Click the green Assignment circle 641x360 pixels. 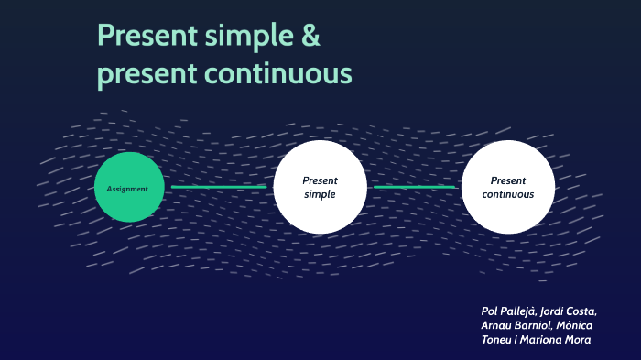click(129, 187)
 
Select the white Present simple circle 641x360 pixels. click(320, 187)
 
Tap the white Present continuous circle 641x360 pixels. click(508, 187)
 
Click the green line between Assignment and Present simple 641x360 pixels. click(219, 187)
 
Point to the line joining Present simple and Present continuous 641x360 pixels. click(414, 187)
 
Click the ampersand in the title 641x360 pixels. click(310, 37)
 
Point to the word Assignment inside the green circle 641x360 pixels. click(128, 189)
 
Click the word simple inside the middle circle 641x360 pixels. click(320, 194)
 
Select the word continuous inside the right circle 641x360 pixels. click(508, 194)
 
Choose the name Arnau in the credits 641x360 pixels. click(500, 325)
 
